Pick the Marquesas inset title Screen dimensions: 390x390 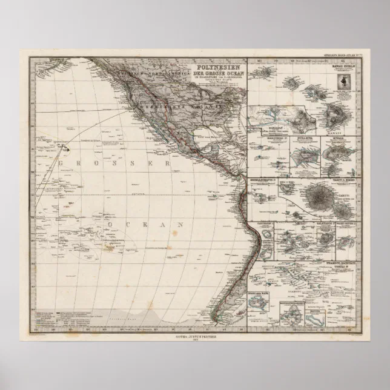click(x=261, y=139)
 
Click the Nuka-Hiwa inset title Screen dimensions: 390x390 click(x=303, y=139)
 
